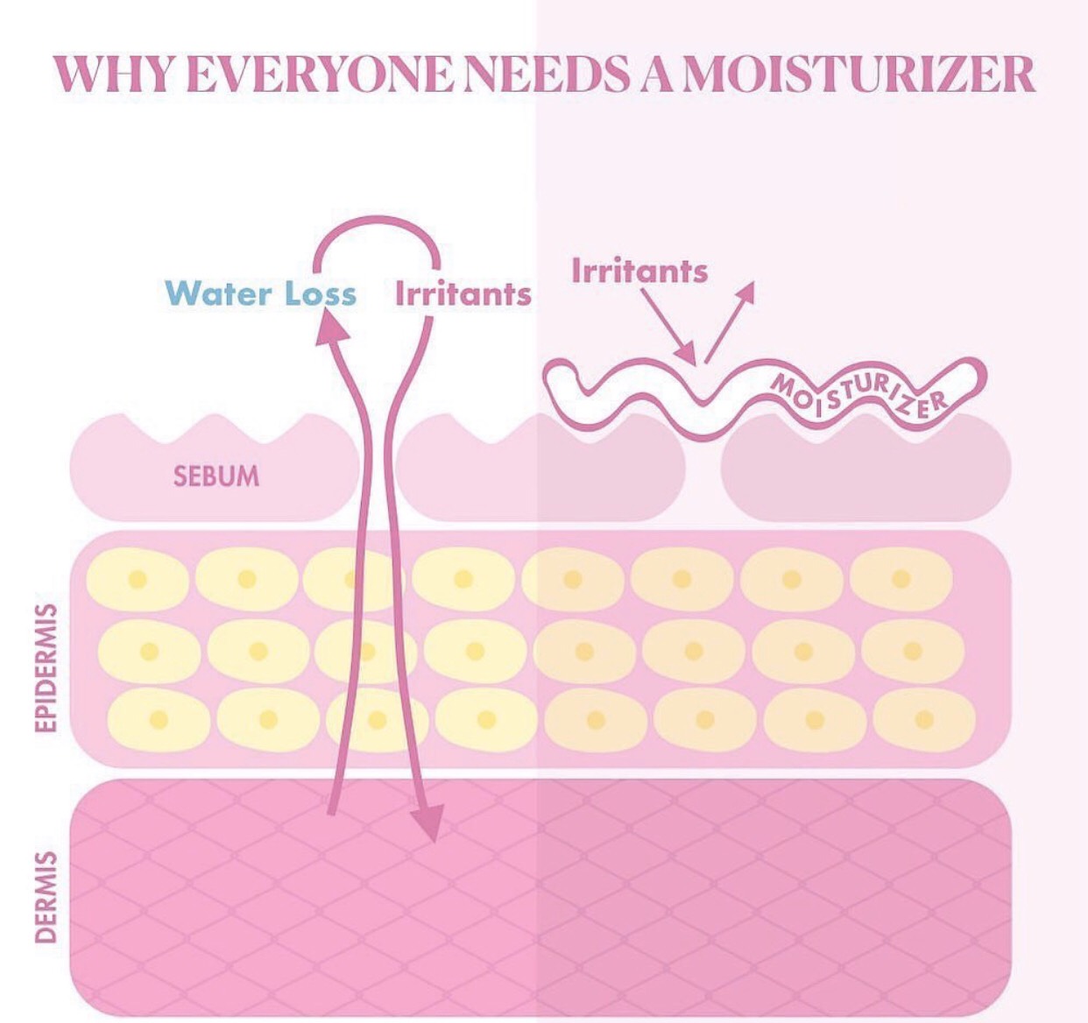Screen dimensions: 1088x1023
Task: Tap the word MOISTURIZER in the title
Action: pos(858,75)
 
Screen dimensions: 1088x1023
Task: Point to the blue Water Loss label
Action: pos(261,293)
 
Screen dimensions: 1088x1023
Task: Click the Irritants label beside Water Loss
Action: pos(463,294)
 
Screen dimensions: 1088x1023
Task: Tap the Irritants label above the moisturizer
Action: pos(639,271)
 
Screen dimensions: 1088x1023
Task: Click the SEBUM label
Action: pos(216,476)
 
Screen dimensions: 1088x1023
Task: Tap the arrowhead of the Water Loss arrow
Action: pos(330,328)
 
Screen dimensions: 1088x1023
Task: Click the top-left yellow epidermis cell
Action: pos(138,580)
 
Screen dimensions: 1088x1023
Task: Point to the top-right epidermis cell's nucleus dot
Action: pos(901,579)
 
